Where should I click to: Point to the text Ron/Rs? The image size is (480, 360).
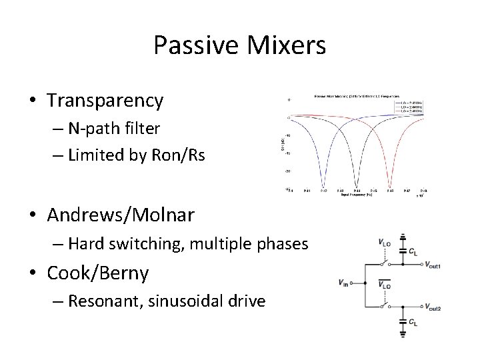(182, 156)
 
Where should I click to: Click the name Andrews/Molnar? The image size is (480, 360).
(121, 217)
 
